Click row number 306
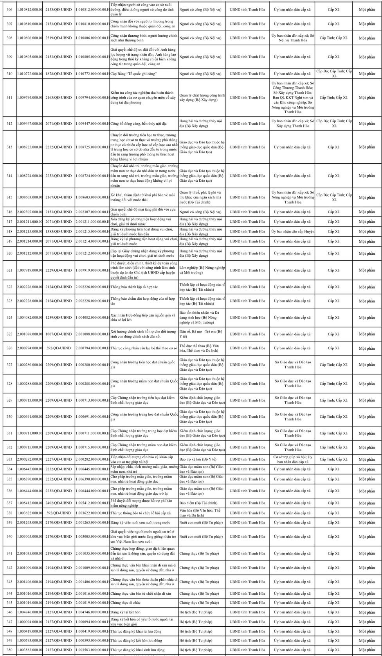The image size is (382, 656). tap(10, 9)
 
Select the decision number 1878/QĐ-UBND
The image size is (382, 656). tap(59, 74)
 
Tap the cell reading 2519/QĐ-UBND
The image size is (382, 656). tap(59, 38)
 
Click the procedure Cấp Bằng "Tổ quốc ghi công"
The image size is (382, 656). tap(131, 74)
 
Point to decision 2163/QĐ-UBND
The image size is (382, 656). tap(59, 98)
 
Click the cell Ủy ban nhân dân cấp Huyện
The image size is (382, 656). tap(293, 232)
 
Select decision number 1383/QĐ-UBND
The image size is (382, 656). tap(59, 232)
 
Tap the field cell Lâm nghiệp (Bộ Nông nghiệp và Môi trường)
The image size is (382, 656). tap(202, 270)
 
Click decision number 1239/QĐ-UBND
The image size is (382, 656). tap(59, 318)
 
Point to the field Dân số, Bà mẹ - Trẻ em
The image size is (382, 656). tap(202, 334)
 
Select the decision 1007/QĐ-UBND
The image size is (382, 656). tap(59, 334)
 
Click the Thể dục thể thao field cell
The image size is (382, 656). tap(202, 348)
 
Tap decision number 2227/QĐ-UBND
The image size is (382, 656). tap(59, 459)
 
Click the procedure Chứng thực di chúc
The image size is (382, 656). tap(125, 603)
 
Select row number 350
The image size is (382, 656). tap(10, 650)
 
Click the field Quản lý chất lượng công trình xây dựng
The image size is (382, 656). tap(202, 98)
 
